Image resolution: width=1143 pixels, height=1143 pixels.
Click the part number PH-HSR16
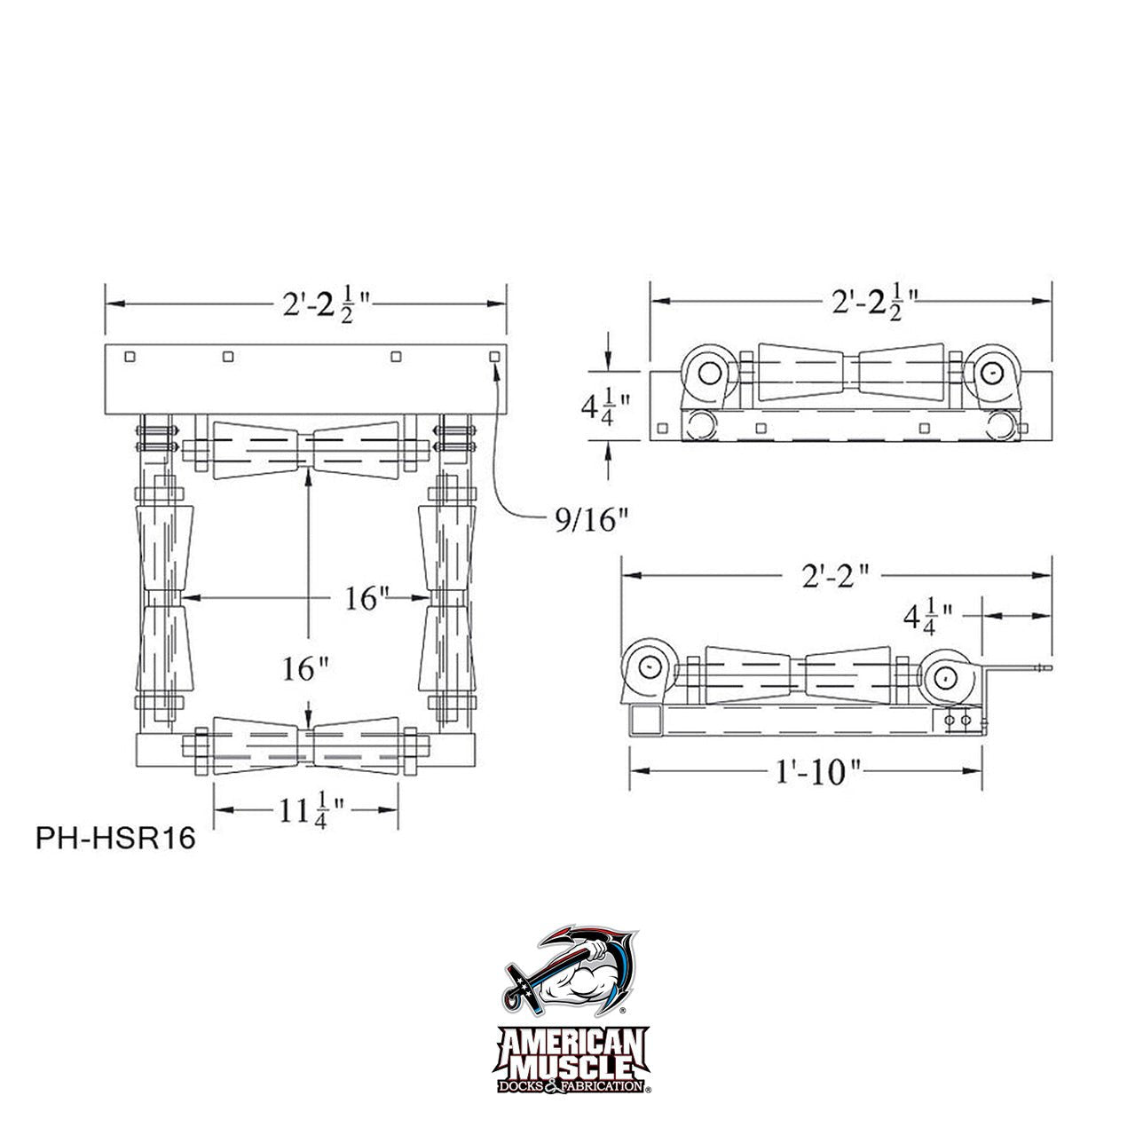pyautogui.click(x=115, y=838)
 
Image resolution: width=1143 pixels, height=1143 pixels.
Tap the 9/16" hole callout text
pyautogui.click(x=590, y=519)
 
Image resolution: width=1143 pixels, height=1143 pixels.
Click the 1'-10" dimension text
pyautogui.click(x=818, y=772)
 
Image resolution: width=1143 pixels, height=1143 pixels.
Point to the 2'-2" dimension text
pyautogui.click(x=835, y=575)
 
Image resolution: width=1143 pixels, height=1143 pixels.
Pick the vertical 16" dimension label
pyautogui.click(x=305, y=668)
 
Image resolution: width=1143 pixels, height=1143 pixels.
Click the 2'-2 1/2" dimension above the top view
pyautogui.click(x=327, y=304)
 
